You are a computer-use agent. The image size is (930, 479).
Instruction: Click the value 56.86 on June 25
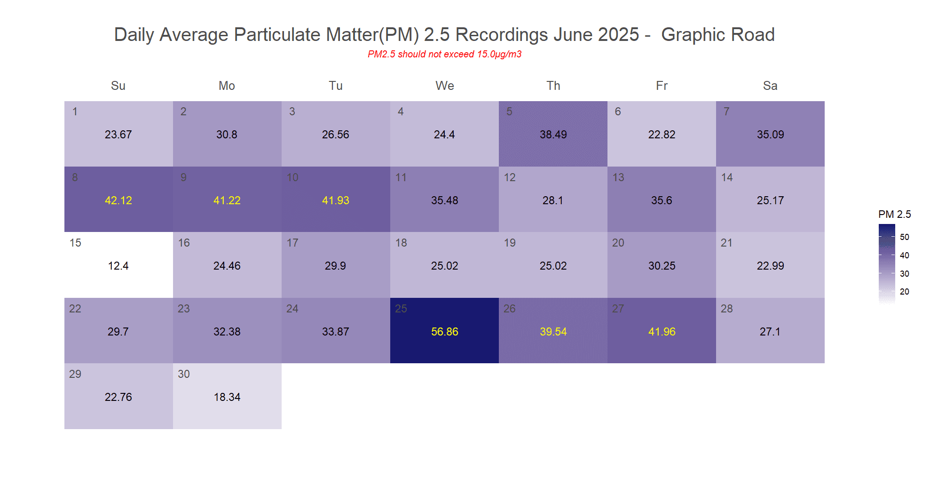[x=444, y=332]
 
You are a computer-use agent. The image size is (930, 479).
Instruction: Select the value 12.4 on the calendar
[x=118, y=266]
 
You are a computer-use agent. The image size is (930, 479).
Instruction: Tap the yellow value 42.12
[x=118, y=200]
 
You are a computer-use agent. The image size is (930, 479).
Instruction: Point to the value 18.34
[x=227, y=397]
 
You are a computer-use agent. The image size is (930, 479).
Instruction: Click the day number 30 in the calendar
[x=184, y=374]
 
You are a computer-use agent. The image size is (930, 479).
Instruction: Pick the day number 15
[x=75, y=243]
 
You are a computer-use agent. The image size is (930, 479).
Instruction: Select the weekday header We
[x=444, y=86]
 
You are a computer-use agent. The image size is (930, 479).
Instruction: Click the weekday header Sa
[x=770, y=86]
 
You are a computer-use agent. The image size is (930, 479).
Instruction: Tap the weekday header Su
[x=118, y=86]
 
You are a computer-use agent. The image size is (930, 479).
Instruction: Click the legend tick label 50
[x=904, y=237]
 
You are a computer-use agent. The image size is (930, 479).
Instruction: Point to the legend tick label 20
[x=904, y=292]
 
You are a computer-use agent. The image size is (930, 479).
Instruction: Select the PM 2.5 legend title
[x=894, y=215]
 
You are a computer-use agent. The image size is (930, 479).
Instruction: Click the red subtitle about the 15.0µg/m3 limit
[x=444, y=54]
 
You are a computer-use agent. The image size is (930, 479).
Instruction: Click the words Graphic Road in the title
[x=717, y=35]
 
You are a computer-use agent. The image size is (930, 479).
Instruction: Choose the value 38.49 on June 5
[x=553, y=135]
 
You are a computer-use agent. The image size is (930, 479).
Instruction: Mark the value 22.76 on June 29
[x=118, y=397]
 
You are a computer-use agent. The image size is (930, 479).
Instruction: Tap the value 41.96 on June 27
[x=662, y=332]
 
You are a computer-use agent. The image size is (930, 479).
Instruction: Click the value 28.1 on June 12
[x=552, y=200]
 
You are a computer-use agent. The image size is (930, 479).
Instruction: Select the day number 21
[x=726, y=243]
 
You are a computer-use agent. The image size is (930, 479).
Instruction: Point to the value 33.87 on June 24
[x=335, y=332]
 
